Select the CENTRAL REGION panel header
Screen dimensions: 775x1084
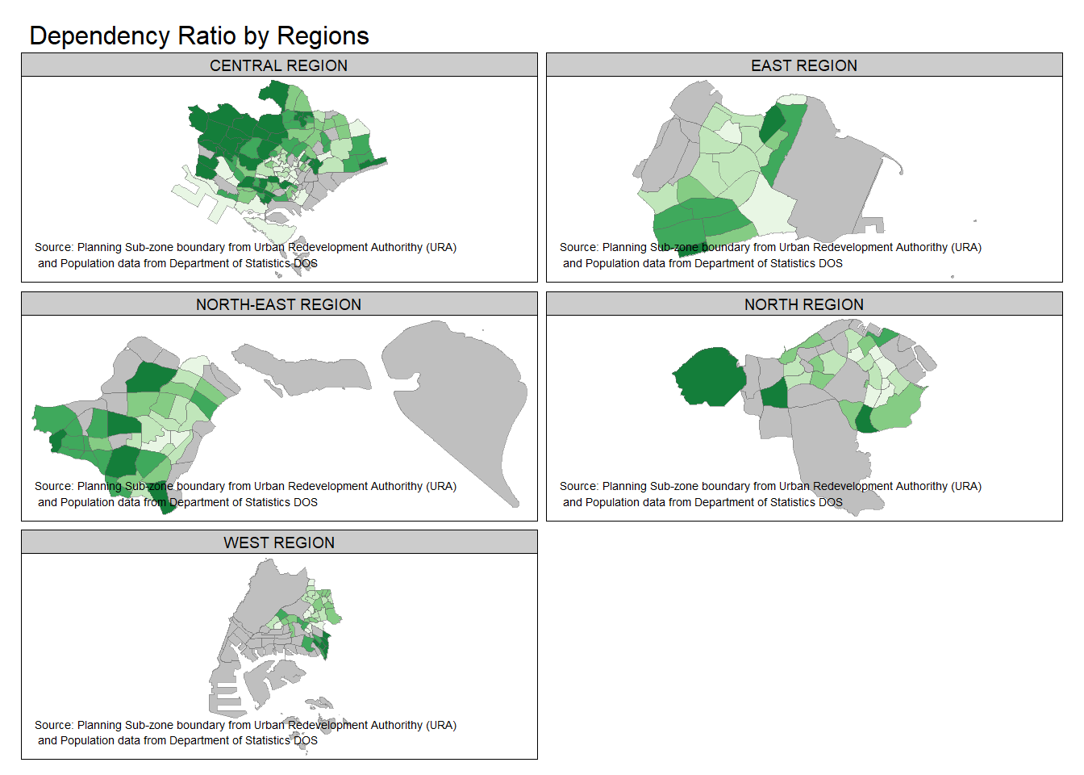click(x=279, y=65)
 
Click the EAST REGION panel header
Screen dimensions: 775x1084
click(x=804, y=65)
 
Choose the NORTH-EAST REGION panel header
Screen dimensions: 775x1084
click(x=279, y=304)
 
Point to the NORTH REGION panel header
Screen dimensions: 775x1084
click(x=804, y=304)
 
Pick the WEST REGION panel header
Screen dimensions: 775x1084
click(x=279, y=542)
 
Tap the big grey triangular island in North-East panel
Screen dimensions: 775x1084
click(x=460, y=387)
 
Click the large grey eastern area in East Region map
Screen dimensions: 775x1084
click(x=831, y=178)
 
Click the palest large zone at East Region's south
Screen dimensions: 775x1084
click(x=766, y=206)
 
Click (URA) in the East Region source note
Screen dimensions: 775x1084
click(x=965, y=247)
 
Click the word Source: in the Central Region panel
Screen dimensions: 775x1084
click(x=54, y=247)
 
